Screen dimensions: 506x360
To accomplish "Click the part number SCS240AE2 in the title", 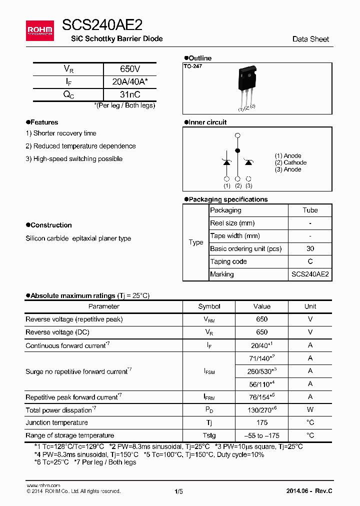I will click(x=102, y=25).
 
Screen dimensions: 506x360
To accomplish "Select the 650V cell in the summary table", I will click(x=130, y=69).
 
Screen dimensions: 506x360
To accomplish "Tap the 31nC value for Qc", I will click(x=130, y=94).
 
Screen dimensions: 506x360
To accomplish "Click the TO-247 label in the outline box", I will click(x=192, y=66).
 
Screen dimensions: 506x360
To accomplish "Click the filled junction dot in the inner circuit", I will click(x=237, y=150).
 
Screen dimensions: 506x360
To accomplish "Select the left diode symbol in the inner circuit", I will click(x=226, y=161).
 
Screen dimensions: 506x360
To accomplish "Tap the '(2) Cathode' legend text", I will click(x=290, y=162).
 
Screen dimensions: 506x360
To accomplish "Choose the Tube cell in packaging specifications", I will click(x=310, y=210).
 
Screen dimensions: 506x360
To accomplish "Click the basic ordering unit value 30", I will click(x=310, y=248).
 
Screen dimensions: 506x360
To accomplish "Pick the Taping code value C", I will click(x=310, y=261).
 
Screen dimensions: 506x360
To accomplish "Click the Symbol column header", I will click(x=209, y=306).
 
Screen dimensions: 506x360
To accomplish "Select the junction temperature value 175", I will click(x=261, y=422).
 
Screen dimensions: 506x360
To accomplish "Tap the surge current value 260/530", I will click(x=261, y=371).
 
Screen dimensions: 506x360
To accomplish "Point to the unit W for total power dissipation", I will click(x=310, y=410).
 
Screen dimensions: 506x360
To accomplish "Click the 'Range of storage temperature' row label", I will click(x=70, y=435).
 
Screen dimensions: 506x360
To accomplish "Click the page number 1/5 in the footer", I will click(x=179, y=491).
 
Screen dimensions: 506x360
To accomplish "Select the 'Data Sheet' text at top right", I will click(x=310, y=39).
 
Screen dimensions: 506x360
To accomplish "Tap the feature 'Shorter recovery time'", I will click(x=61, y=133).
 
